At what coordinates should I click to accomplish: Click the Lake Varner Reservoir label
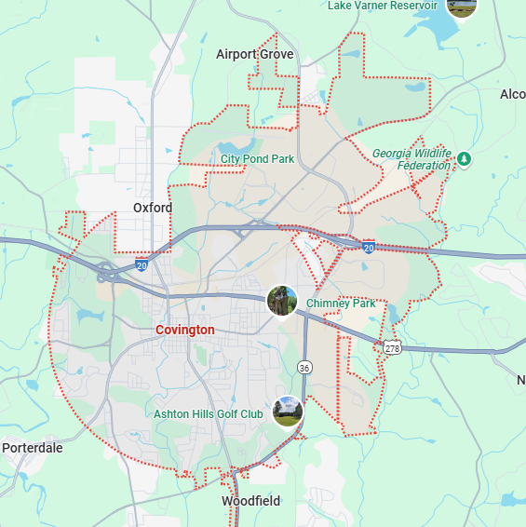pos(382,6)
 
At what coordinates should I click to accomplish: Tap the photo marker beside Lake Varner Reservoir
pos(462,5)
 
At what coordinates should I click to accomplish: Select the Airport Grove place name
pos(254,54)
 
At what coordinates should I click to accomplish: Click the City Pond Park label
pos(257,159)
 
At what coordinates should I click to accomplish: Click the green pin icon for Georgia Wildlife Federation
pos(465,159)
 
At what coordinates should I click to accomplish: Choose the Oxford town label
pos(153,208)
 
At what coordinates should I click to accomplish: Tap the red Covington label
pos(184,330)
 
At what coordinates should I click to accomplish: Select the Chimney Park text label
pos(341,304)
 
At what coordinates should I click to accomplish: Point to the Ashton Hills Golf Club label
pos(209,414)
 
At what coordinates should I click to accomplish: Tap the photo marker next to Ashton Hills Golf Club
pos(288,412)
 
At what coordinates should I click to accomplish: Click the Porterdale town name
pos(32,448)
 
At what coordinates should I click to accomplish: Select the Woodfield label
pos(250,501)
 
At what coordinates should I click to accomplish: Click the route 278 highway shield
pos(391,347)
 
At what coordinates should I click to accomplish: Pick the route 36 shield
pos(304,367)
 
